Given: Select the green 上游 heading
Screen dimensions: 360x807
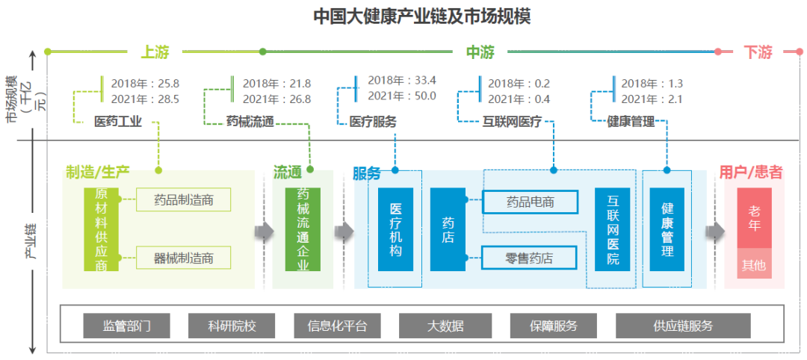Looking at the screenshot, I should [155, 52].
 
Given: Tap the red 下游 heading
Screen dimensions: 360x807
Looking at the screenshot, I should [758, 52].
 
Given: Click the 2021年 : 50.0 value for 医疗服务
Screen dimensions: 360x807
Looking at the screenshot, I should [401, 96].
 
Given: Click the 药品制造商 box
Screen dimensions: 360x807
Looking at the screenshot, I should [184, 200].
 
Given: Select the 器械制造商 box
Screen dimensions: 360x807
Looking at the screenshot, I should [184, 258].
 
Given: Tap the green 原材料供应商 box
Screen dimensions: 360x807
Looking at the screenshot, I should [101, 229].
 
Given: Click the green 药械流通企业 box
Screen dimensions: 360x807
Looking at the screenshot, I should [303, 229].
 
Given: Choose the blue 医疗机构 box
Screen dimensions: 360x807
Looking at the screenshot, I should [395, 229].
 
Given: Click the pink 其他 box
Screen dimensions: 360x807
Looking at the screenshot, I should [754, 264].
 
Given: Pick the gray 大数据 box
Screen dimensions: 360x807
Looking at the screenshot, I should [445, 326].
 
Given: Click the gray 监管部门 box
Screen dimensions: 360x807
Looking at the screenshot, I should [126, 326].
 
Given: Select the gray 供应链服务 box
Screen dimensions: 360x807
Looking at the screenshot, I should [683, 326].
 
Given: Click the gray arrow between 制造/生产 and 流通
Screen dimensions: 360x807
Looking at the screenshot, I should [264, 230].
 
